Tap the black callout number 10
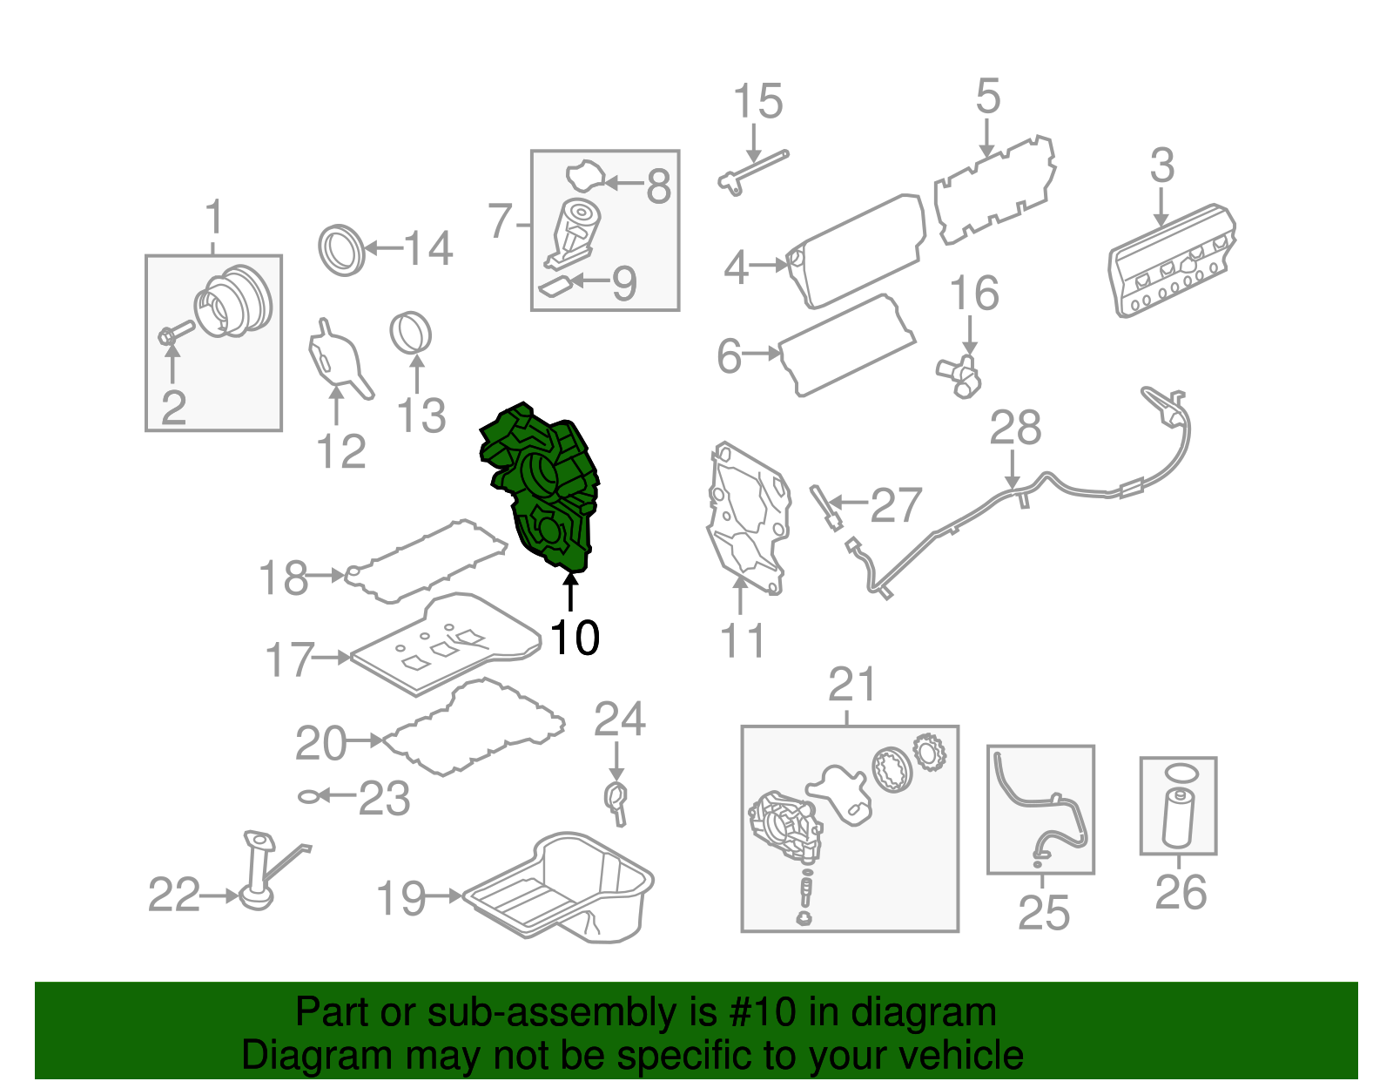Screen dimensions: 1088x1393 [575, 638]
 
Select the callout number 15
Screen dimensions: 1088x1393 [757, 102]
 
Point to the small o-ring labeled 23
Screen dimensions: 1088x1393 [308, 796]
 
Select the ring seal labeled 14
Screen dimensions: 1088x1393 [341, 250]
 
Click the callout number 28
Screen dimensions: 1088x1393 [1015, 428]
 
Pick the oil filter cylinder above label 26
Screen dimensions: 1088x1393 [1178, 817]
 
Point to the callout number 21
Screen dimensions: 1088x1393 [851, 686]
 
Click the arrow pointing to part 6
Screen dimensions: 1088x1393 [763, 354]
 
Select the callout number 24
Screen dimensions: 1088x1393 [619, 720]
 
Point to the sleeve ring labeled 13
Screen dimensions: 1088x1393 [410, 334]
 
